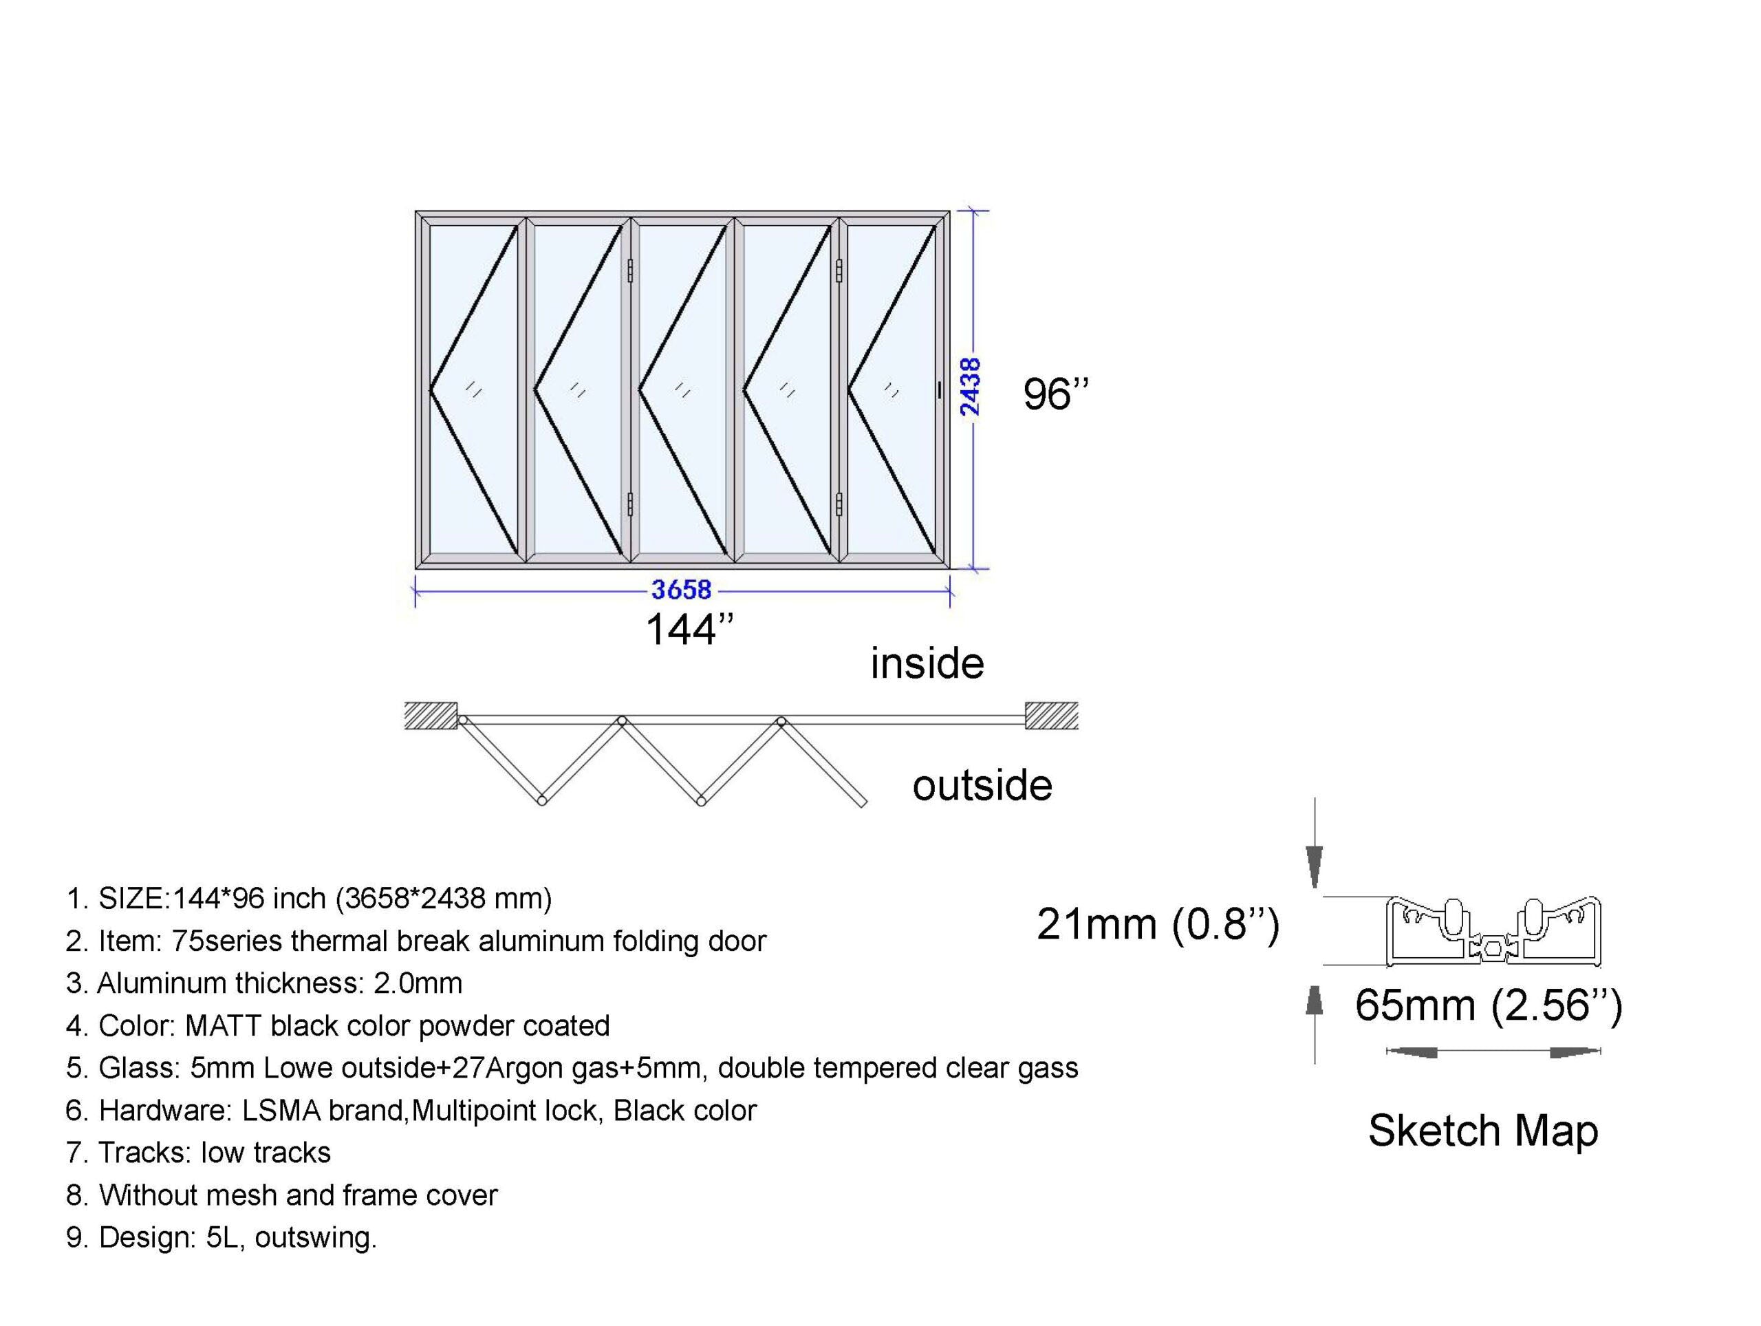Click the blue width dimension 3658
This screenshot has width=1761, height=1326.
coord(682,590)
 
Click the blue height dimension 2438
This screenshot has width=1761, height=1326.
coord(971,387)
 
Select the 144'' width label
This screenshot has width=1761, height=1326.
coord(689,630)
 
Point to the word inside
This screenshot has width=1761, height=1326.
coord(927,663)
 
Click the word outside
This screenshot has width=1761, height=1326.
coord(982,786)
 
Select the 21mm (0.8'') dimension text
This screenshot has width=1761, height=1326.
coord(1158,925)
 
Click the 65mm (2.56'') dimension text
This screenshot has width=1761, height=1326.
coord(1489,1005)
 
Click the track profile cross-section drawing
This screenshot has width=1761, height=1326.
coord(1493,931)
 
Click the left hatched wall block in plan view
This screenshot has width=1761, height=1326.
coord(431,715)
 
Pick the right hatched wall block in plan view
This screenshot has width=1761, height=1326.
coord(1052,715)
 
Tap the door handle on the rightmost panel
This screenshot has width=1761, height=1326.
coord(940,390)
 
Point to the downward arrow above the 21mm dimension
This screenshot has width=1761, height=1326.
coord(1315,842)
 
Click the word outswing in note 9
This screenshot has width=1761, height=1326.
coord(315,1238)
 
